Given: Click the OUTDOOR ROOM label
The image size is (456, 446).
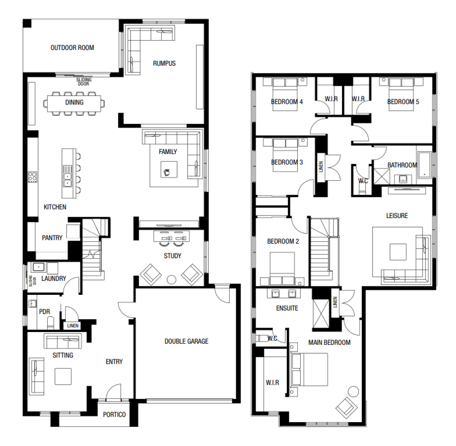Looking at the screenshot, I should (72, 48).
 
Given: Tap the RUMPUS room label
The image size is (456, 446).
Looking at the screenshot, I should (164, 63).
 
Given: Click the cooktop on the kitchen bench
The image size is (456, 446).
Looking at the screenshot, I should (33, 176).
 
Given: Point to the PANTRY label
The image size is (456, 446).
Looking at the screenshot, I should (52, 238).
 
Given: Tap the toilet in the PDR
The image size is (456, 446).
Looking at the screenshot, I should (51, 324).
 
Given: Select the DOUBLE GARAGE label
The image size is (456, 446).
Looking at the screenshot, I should (187, 341).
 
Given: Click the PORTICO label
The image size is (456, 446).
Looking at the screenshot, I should (114, 414).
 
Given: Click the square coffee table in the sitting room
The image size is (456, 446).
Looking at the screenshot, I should (63, 377).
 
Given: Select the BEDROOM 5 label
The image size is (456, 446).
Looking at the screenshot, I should (403, 102).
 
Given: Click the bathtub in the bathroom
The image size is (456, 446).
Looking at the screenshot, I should (425, 165).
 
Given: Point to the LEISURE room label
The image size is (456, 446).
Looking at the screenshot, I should (397, 216).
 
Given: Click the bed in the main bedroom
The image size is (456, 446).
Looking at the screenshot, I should (310, 369).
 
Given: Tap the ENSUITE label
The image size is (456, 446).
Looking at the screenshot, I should (287, 308).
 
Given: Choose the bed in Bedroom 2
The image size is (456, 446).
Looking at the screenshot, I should (282, 269).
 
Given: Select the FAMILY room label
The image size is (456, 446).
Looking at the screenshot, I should (168, 152).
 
